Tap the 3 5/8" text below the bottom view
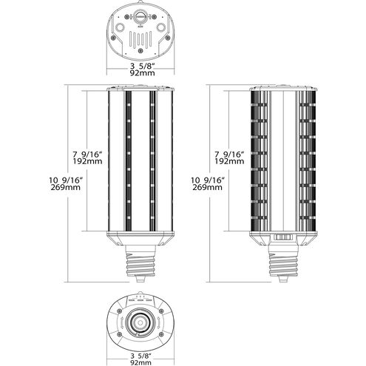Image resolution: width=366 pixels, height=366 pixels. click(140, 356)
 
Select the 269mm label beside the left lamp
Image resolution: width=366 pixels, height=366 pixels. click(66, 187)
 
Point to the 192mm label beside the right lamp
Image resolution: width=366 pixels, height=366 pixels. click(229, 161)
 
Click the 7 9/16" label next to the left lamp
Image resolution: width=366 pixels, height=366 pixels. click(87, 155)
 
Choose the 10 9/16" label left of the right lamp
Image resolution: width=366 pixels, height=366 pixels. click(208, 180)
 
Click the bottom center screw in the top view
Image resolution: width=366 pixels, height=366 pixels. click(140, 50)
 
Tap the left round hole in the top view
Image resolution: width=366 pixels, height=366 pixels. click(120, 27)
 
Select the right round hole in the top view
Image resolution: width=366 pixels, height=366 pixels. click(161, 27)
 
